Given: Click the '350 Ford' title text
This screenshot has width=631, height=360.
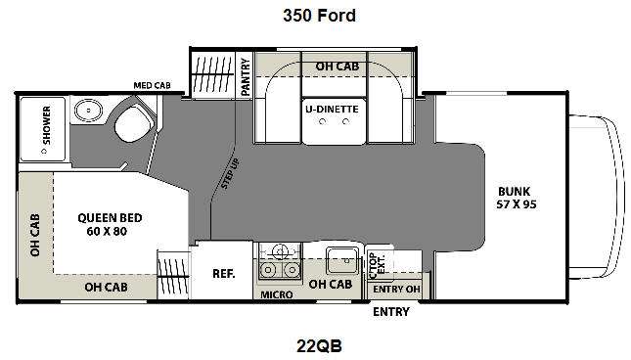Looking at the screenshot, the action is coord(319,16).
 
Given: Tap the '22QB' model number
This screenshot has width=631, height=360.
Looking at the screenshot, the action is coord(319,346).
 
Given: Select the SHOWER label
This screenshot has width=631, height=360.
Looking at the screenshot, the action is coord(47,125).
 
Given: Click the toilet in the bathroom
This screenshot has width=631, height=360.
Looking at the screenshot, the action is coord(133,122).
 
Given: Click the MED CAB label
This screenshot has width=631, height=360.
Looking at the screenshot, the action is coord(152,85).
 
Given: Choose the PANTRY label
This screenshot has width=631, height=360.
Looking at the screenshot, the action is coord(246,77).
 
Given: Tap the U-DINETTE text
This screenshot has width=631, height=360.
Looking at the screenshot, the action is coord(332,109).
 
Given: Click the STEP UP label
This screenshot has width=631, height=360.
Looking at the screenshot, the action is coord(231,173).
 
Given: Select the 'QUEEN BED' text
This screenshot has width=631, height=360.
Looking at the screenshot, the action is coord(110,218).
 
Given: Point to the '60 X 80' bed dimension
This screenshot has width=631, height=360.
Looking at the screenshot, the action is coord(107,231).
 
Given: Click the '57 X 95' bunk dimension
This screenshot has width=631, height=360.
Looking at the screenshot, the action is coord(517,204).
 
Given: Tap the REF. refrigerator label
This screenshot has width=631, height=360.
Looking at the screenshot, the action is coord(224,274).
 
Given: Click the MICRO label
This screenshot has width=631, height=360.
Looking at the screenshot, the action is coord(277,294).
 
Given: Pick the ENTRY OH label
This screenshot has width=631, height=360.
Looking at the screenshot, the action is coord(396,290).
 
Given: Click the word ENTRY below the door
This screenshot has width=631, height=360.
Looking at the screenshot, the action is coord(391,312).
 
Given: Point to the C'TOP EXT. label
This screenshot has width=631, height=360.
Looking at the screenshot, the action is coord(377,264).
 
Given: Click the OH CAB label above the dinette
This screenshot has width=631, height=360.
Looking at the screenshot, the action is coord(338,67).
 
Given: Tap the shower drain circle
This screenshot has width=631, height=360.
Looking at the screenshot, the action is coord(44,152).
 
